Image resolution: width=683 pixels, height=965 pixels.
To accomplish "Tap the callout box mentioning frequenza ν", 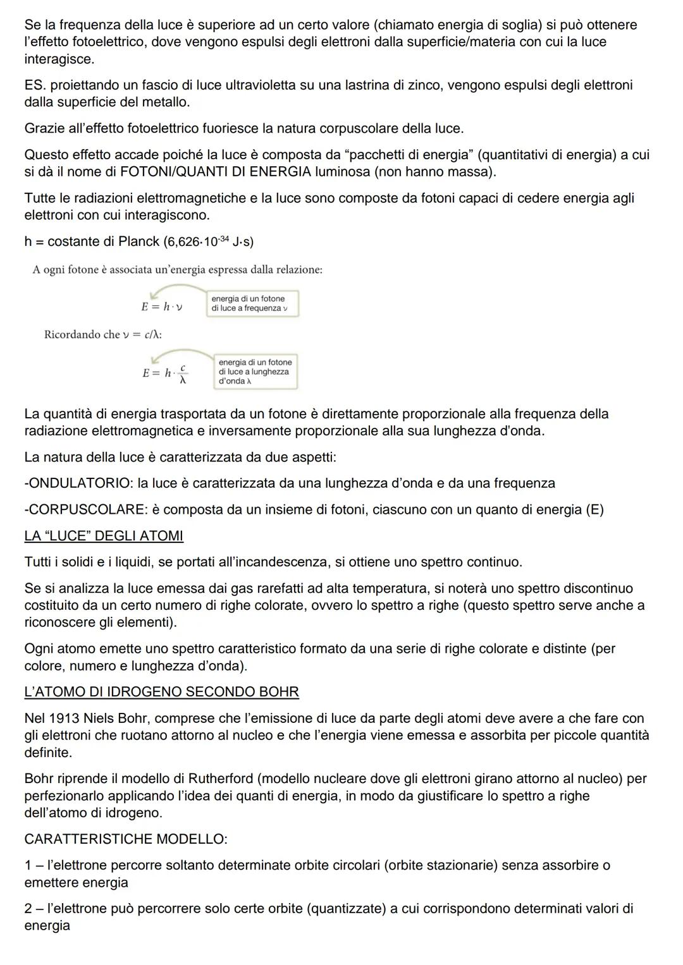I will (x=252, y=303).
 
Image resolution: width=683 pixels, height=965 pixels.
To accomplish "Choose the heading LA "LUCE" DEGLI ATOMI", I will (x=104, y=536).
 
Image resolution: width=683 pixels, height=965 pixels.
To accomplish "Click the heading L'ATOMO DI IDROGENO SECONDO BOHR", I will (x=161, y=691).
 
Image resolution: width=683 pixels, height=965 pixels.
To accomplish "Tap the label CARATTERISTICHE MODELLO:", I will (x=126, y=839).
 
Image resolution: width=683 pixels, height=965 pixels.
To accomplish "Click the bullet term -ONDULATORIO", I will (x=78, y=483).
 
